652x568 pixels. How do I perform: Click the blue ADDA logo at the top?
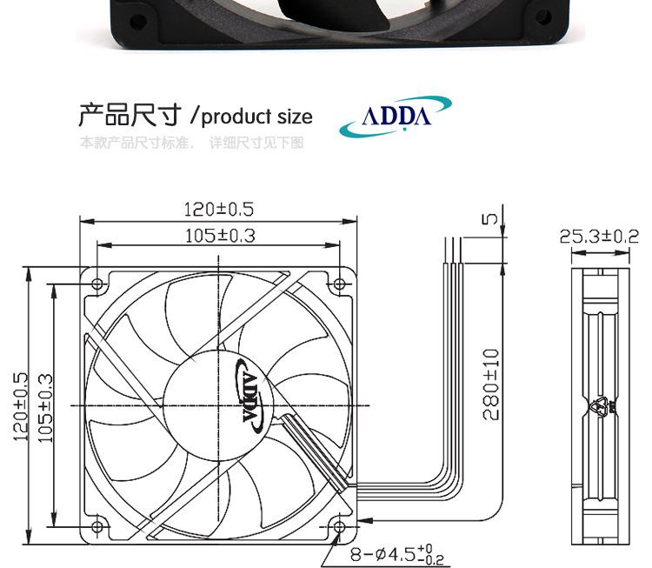pos(396,117)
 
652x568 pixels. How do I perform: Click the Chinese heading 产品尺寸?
pos(131,115)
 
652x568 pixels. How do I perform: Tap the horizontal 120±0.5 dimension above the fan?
pos(219,210)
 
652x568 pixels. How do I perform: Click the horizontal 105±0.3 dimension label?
pos(219,235)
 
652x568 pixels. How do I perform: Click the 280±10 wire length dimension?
pos(491,384)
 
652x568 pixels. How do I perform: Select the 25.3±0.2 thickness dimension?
pos(599,236)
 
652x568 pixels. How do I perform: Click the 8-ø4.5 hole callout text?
pos(391,553)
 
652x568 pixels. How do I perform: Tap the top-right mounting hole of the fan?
pos(340,284)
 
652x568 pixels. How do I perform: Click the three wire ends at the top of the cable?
pos(453,250)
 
